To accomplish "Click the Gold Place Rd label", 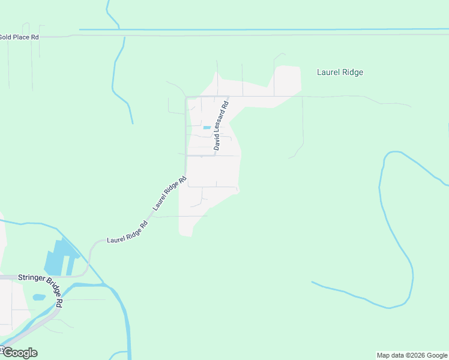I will click(x=19, y=37).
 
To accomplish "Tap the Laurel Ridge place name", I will click(x=340, y=73).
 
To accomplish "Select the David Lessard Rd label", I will click(x=221, y=125).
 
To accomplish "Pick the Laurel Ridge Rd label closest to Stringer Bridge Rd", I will click(x=127, y=233).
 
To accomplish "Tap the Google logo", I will click(x=19, y=353).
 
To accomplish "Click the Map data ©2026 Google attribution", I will click(x=412, y=355).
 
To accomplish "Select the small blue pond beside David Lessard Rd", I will click(x=207, y=127).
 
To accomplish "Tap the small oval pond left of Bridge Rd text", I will click(x=39, y=297).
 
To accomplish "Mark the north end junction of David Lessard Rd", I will click(x=229, y=97).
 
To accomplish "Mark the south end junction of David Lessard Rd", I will click(x=215, y=155).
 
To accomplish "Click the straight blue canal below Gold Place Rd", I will click(x=270, y=29).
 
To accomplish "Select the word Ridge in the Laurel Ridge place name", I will click(x=352, y=73).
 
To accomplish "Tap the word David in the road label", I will click(x=217, y=142).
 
